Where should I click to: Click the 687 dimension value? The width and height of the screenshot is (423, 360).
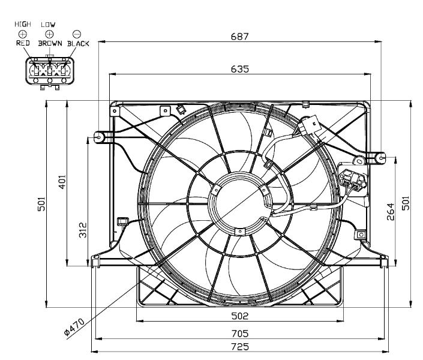tap(239, 37)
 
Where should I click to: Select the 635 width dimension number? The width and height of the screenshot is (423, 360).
tap(240, 69)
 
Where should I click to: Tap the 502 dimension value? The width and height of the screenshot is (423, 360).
tap(240, 316)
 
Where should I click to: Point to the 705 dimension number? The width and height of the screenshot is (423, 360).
tap(240, 334)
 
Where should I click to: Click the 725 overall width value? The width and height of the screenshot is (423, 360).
tap(240, 347)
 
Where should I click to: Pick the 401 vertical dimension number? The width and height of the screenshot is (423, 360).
tap(62, 182)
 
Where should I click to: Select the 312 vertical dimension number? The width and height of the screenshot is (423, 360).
tap(83, 230)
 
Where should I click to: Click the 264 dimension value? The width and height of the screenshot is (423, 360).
tap(391, 212)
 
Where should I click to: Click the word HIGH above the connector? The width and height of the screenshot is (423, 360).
tap(23, 24)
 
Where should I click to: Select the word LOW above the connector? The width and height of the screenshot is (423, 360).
tap(48, 25)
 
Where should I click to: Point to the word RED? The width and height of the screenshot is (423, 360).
tap(23, 43)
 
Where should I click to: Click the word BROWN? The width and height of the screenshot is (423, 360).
tap(50, 43)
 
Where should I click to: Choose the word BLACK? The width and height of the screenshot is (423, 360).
tap(78, 43)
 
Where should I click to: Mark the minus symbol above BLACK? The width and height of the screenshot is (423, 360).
tap(77, 34)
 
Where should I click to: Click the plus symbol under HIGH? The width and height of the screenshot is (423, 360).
tap(23, 34)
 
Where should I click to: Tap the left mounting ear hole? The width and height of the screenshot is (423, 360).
tap(99, 137)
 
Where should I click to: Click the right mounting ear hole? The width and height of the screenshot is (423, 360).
tap(381, 158)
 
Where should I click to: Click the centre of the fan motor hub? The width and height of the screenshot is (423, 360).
tap(241, 203)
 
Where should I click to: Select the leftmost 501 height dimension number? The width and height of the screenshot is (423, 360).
tap(41, 204)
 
